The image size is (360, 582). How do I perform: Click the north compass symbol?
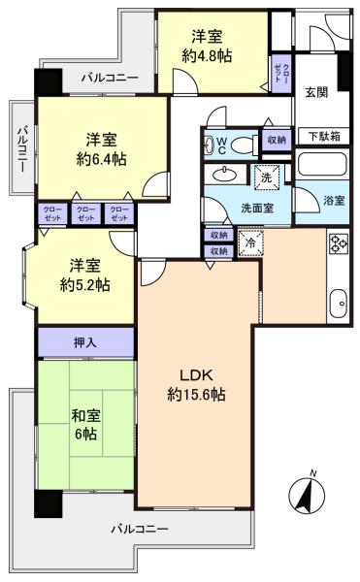coord(307,495)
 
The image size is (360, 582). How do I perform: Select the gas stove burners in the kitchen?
coord(339,242)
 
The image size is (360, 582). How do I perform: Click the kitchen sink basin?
coord(339,303)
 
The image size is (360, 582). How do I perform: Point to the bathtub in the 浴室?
coord(322,164)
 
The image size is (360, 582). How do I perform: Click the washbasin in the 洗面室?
coord(225,174)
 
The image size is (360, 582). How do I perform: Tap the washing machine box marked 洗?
coord(268,178)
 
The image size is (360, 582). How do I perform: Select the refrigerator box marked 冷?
coord(250,243)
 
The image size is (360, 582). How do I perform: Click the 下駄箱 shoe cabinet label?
coord(324,137)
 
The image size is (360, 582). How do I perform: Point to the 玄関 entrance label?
coord(316,92)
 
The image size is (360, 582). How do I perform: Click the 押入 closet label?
coord(85,342)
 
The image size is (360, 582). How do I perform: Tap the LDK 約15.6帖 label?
coord(196,385)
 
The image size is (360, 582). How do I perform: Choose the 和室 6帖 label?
coord(85,425)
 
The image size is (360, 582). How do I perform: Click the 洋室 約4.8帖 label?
coord(207,47)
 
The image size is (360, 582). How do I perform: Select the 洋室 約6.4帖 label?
coord(101,149)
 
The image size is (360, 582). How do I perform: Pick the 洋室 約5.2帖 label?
coord(85,275)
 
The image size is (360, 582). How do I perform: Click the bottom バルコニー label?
coord(140,529)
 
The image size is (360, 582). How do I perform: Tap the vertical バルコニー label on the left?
coord(22,149)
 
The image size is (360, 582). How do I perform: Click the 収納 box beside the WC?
coord(277,140)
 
